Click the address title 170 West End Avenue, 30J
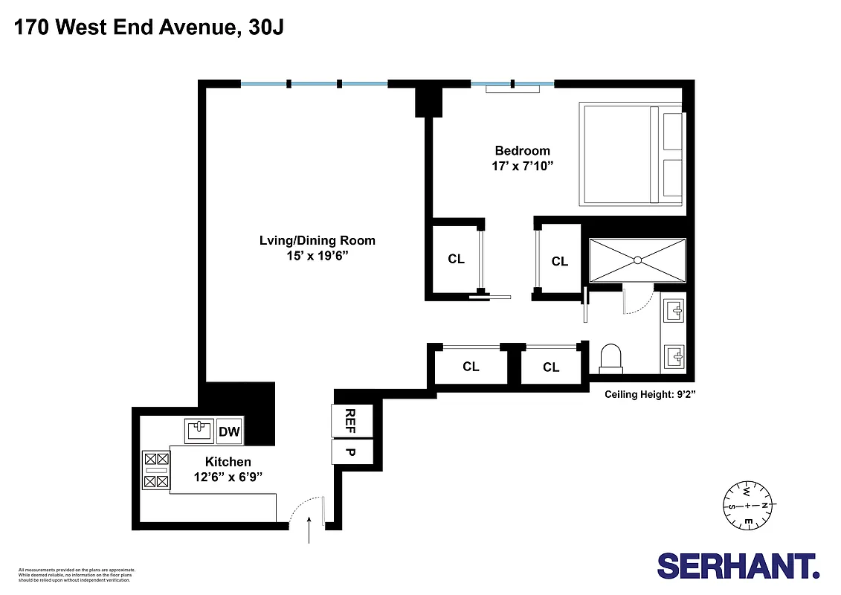[x=149, y=28]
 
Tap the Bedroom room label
[x=522, y=151]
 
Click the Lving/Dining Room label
[x=317, y=240]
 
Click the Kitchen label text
[x=228, y=462]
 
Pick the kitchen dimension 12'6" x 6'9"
[x=228, y=476]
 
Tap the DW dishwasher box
[x=229, y=431]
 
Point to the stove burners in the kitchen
[x=156, y=470]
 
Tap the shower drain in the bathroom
[x=637, y=260]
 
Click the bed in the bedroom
[x=632, y=155]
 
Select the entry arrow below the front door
[x=309, y=532]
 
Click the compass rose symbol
[x=749, y=506]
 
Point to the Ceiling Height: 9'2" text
[x=649, y=395]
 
